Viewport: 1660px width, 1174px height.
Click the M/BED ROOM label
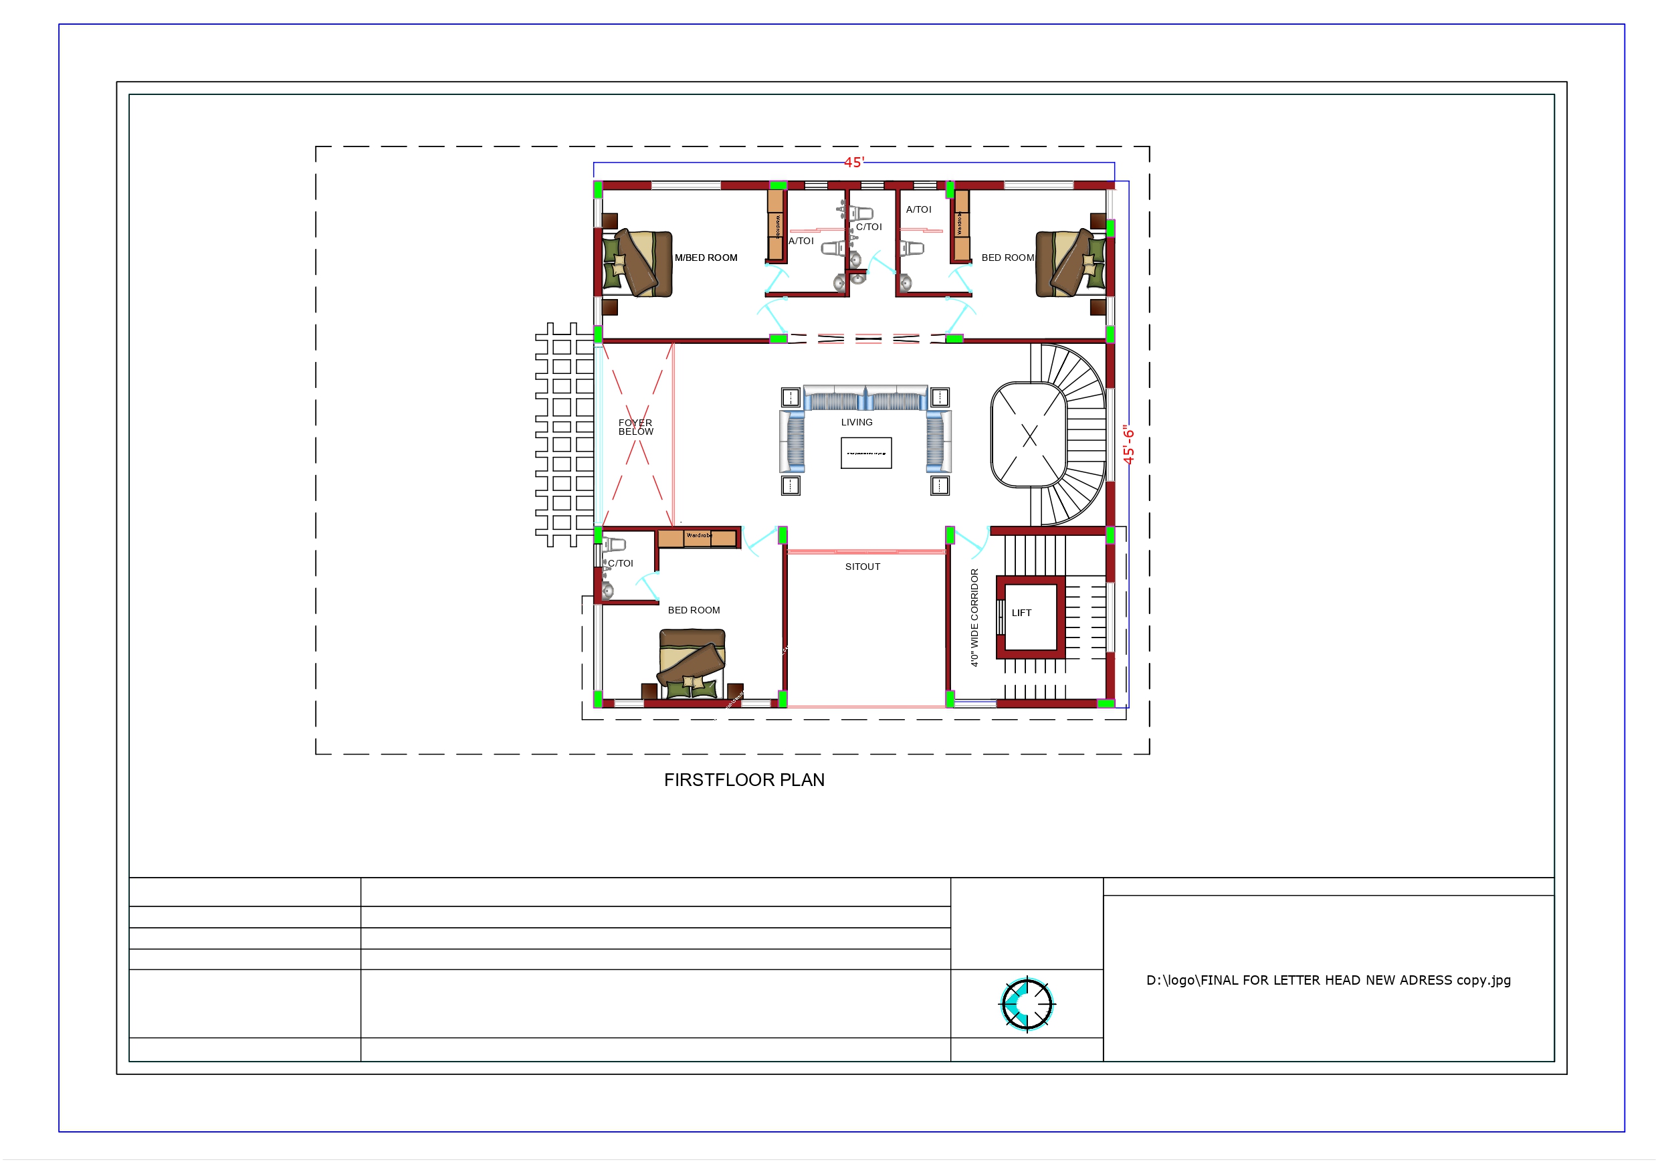click(706, 258)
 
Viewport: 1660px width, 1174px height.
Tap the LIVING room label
click(856, 421)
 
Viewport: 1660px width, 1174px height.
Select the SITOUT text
click(862, 567)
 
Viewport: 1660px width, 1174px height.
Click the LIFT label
click(1021, 613)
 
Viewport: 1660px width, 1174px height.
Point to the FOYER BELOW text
click(635, 427)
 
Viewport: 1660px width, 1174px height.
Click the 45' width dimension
click(853, 163)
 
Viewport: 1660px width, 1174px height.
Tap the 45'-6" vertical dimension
click(1128, 444)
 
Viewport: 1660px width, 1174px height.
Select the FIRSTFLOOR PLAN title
click(744, 780)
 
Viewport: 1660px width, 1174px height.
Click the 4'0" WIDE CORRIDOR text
click(974, 617)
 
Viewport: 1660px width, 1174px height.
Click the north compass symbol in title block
click(1026, 1004)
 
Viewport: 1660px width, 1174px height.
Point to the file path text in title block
click(1328, 980)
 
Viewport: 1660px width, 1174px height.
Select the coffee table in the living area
click(865, 453)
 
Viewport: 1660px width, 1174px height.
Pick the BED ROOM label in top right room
click(1007, 258)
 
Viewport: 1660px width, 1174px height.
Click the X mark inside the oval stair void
click(1029, 435)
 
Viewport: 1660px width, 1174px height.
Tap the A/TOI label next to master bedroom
click(801, 241)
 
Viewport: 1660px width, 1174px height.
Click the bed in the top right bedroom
click(1070, 264)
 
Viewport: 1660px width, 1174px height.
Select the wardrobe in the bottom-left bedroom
click(697, 539)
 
